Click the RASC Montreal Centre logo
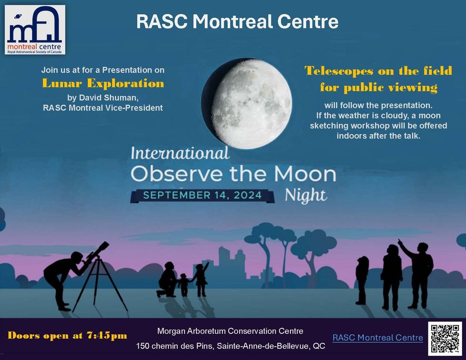coord(35,29)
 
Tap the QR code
coord(445,338)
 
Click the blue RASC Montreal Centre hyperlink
coord(378,338)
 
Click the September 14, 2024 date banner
coord(202,195)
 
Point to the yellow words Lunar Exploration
coord(103,84)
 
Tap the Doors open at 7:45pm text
coord(68,335)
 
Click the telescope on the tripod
coord(97,254)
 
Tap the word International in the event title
coord(180,154)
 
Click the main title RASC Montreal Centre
coord(237,21)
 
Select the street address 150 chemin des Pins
coord(231,346)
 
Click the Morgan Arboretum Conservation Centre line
coord(230,331)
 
